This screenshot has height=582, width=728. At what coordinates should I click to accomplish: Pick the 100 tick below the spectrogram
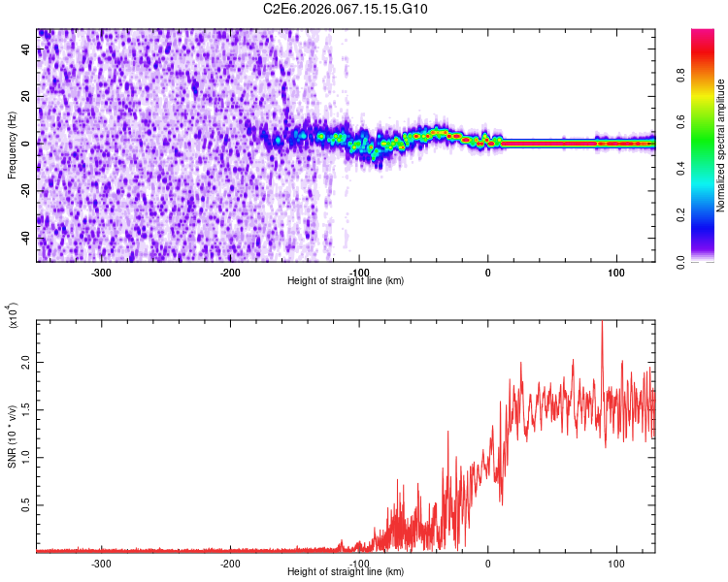(615, 273)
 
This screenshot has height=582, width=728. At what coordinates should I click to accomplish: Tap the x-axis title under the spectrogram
(346, 281)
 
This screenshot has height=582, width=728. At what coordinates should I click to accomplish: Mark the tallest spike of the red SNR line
(602, 323)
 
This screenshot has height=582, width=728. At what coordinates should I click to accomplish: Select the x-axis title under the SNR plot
(346, 572)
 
